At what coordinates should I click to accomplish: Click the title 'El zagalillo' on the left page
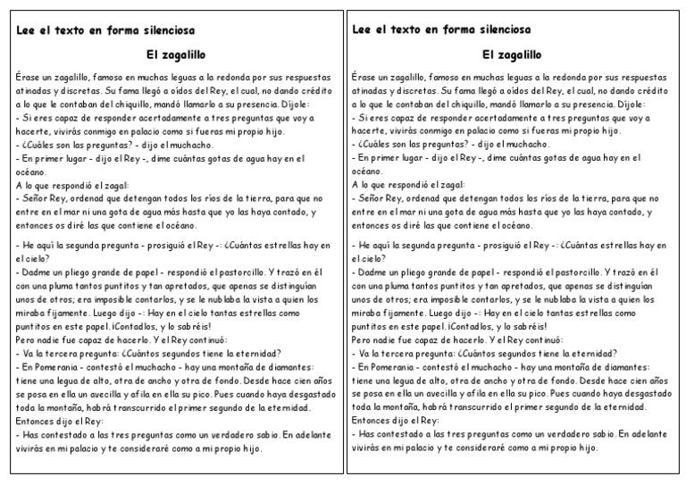pos(174,54)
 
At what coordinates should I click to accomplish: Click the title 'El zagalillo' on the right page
pos(511,54)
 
